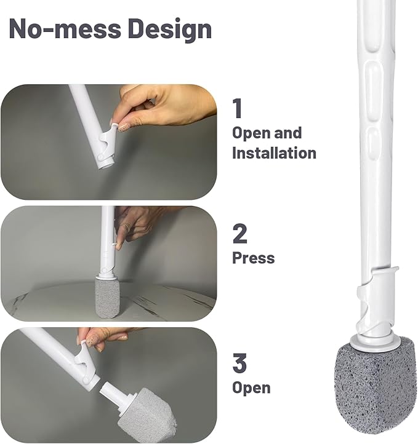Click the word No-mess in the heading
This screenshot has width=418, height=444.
[x=65, y=29]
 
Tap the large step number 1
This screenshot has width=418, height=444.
[x=238, y=108]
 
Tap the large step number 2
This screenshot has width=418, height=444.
[x=239, y=234]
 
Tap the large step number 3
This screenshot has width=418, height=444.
[x=239, y=363]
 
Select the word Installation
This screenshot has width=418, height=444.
[x=274, y=153]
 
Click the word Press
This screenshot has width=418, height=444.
[x=254, y=258]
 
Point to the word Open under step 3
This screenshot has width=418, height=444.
[x=251, y=388]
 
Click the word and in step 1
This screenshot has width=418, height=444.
[x=287, y=133]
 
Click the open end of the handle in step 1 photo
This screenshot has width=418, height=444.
[x=107, y=165]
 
